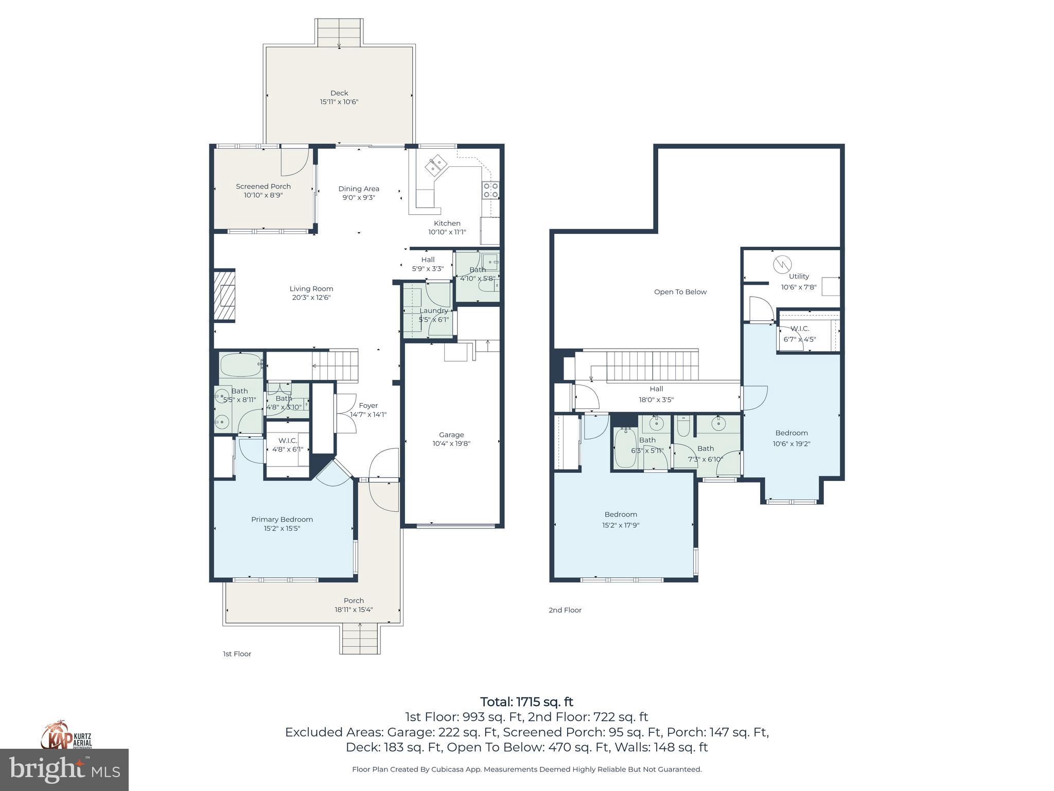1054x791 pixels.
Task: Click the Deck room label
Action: click(x=339, y=93)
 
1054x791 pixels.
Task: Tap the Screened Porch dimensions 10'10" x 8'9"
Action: click(x=263, y=196)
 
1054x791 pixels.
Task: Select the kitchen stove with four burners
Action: click(x=490, y=191)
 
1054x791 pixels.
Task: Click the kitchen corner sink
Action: click(x=435, y=164)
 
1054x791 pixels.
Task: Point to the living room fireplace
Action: click(x=225, y=296)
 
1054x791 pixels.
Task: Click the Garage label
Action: click(x=451, y=435)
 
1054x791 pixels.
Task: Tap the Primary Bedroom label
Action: click(x=282, y=519)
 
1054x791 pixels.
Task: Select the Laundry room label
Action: click(x=433, y=311)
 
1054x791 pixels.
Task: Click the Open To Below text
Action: click(x=680, y=292)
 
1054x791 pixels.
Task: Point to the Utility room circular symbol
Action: click(x=781, y=265)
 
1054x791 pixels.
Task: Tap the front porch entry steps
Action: click(x=360, y=639)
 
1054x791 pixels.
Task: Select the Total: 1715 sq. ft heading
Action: click(x=526, y=702)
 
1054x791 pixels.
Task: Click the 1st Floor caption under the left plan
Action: click(x=237, y=654)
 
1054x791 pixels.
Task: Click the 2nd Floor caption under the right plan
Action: click(x=565, y=610)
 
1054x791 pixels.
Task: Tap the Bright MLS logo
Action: click(x=64, y=770)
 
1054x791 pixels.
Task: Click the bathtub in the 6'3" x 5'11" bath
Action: click(x=625, y=449)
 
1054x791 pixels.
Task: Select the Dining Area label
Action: click(x=359, y=189)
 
